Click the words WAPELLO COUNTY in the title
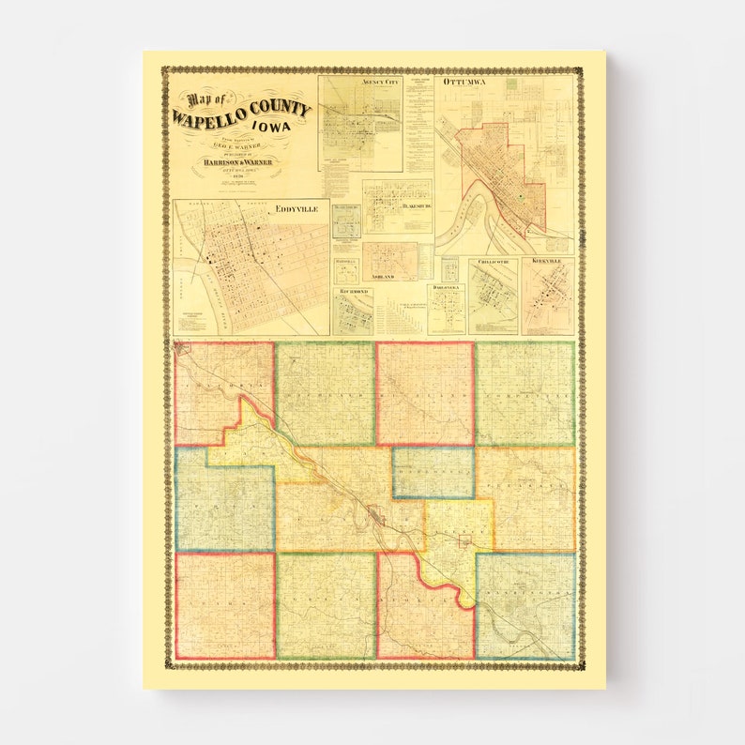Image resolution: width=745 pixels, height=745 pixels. pos(241,112)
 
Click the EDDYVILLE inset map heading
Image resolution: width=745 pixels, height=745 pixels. pos(296,211)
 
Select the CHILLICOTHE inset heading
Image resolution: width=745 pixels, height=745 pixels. pos(493,264)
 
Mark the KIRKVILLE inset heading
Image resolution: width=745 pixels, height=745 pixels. pos(548,264)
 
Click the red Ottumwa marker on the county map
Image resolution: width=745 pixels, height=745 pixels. pos(376,515)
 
